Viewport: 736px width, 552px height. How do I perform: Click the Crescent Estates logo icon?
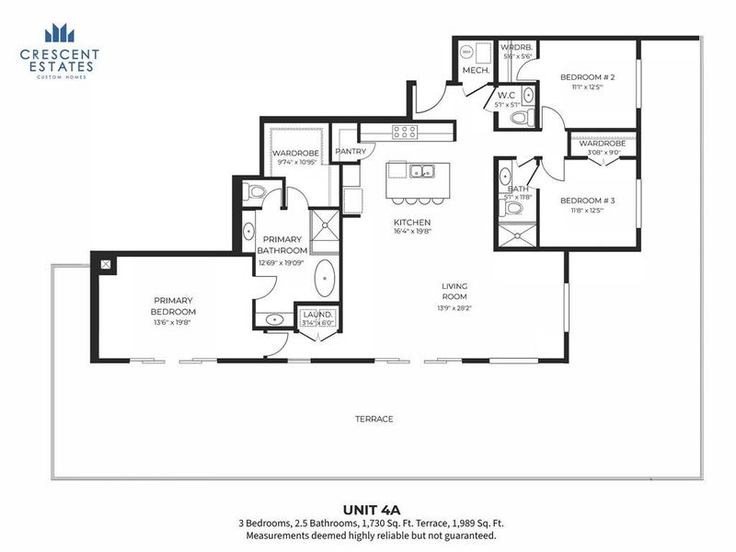(59, 34)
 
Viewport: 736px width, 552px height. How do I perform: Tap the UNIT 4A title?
(368, 509)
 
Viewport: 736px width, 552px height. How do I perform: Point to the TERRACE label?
(374, 419)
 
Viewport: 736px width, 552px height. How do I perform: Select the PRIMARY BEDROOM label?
(174, 305)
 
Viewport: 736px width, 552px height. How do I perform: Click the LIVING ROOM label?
(454, 291)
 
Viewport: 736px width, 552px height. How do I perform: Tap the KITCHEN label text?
(412, 223)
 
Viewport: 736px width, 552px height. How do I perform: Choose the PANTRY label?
(351, 152)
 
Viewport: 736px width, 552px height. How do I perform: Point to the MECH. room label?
(474, 70)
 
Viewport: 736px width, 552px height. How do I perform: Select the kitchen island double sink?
(423, 170)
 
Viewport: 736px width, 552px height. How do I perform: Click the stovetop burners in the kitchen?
(405, 132)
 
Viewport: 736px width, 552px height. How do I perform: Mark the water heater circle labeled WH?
(466, 52)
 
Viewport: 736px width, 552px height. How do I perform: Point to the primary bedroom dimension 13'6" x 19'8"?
(174, 323)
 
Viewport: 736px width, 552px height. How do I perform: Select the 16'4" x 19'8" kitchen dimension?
(412, 233)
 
